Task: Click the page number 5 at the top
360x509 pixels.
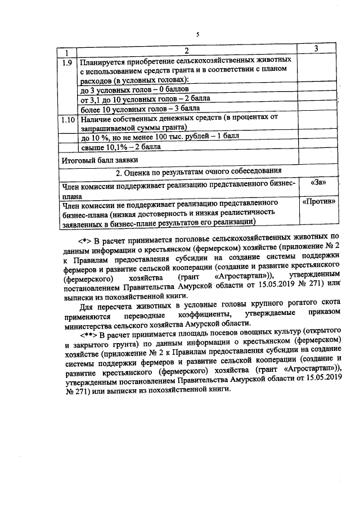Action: tap(197, 35)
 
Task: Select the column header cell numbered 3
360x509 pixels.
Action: tap(317, 50)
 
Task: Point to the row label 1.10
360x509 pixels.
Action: tap(67, 120)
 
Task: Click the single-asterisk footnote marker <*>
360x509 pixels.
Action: tap(85, 238)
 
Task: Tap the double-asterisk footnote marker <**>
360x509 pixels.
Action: tap(87, 332)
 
